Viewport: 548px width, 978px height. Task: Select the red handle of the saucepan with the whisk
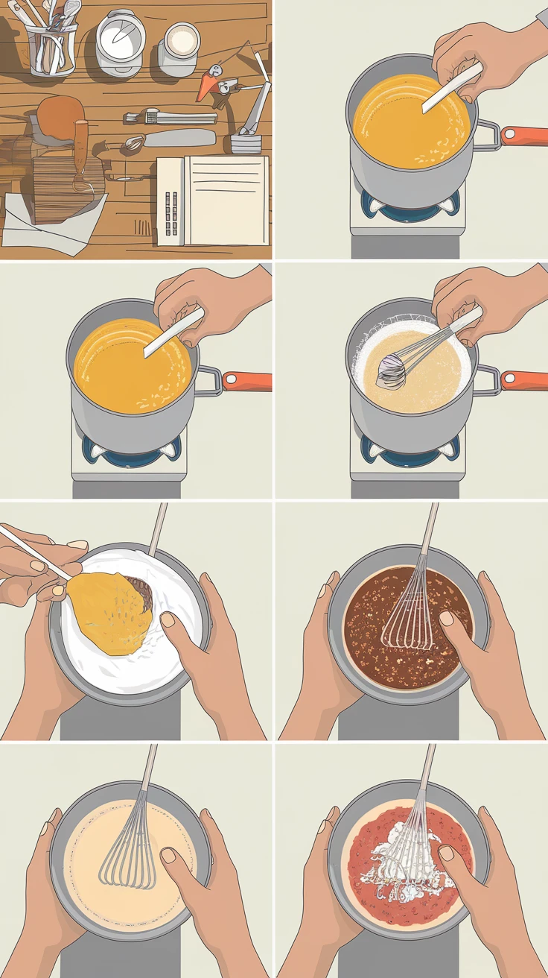(524, 379)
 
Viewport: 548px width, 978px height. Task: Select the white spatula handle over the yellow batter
(34, 552)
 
